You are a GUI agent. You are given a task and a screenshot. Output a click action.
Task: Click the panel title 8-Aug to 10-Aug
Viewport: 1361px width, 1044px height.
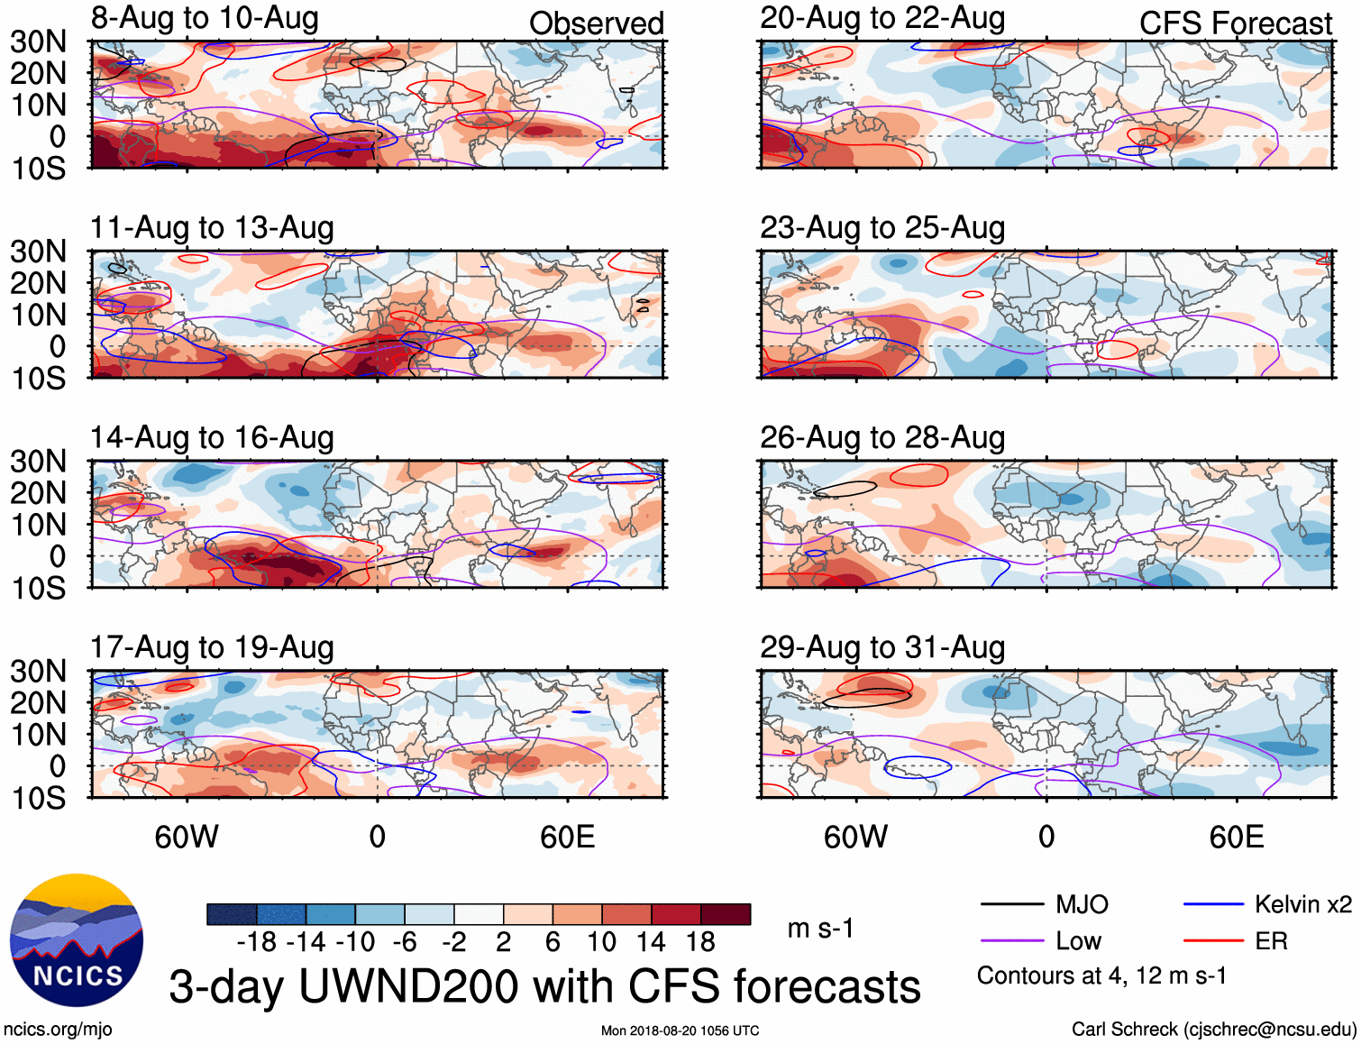(x=205, y=19)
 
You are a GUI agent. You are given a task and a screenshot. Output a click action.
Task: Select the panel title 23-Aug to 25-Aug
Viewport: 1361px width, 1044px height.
(x=882, y=228)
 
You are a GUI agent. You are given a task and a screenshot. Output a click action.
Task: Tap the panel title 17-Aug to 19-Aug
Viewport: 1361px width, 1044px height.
(x=212, y=647)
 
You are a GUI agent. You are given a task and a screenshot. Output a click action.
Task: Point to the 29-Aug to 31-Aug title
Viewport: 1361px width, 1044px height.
(x=882, y=647)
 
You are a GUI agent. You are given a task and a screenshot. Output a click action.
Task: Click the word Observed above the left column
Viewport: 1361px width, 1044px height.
(x=596, y=23)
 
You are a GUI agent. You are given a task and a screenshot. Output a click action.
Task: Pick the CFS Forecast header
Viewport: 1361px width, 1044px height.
(x=1235, y=23)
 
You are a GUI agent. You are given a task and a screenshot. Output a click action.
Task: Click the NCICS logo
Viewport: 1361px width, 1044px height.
(x=77, y=939)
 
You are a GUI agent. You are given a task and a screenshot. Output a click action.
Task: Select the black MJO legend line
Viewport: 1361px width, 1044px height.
(x=1011, y=904)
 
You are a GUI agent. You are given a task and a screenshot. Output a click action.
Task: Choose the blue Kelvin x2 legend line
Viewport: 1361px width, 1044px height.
(x=1213, y=904)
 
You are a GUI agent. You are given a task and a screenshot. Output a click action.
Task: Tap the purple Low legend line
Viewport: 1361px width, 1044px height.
(x=1011, y=941)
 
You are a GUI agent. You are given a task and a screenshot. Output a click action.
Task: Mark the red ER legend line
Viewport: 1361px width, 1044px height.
(x=1213, y=941)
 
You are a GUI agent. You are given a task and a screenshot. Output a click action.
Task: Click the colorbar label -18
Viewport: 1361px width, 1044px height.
(x=257, y=942)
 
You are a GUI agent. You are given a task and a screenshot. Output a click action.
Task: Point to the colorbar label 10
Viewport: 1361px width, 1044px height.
(x=601, y=942)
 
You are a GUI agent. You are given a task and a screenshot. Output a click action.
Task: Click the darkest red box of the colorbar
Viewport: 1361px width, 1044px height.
(x=726, y=914)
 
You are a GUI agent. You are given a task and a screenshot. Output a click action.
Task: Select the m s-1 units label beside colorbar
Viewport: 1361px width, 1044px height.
(x=820, y=929)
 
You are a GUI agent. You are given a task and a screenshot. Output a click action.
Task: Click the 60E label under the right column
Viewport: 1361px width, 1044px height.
(x=1237, y=837)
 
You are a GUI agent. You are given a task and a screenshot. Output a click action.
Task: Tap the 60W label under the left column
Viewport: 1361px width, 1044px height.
(x=187, y=837)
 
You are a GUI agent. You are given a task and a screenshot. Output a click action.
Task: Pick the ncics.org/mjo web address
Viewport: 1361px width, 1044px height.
(x=58, y=1030)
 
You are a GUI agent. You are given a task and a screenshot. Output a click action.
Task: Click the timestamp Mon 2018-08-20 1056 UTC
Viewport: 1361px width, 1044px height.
(x=680, y=1030)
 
